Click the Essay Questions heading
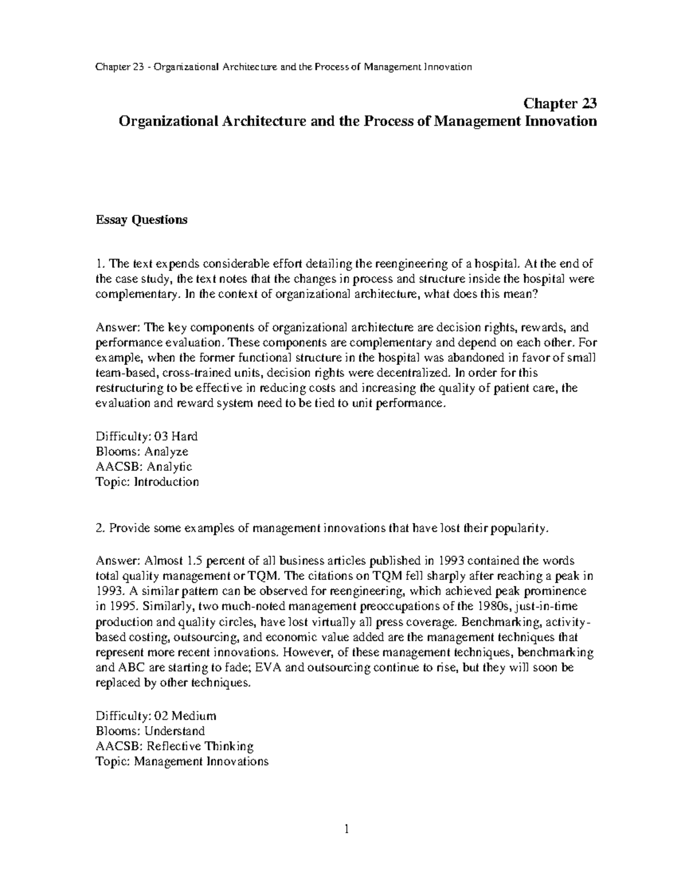141,220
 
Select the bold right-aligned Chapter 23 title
560,104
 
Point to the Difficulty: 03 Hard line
147,436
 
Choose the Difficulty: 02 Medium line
156,716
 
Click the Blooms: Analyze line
142,451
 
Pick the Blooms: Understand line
150,731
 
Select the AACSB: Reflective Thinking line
174,746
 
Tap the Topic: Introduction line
147,482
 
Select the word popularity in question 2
518,528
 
